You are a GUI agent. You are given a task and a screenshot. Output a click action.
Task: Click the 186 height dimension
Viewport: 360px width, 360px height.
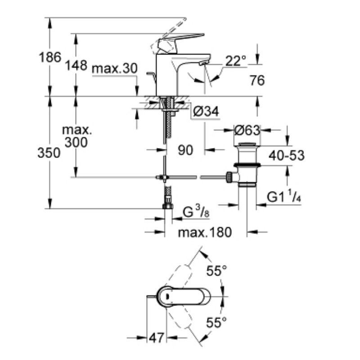[x=50, y=57]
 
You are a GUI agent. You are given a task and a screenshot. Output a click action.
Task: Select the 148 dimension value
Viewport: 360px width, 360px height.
[x=76, y=65]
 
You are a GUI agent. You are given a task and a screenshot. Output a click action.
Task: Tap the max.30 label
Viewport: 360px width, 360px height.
[x=115, y=68]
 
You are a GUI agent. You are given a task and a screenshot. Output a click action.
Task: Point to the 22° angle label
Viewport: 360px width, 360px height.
[x=235, y=61]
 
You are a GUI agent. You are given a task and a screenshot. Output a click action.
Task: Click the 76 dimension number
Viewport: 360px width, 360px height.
[x=257, y=81]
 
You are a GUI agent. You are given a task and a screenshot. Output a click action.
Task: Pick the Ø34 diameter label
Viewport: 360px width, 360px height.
[x=206, y=111]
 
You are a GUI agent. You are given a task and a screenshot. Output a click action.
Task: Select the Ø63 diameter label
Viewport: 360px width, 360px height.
[x=247, y=130]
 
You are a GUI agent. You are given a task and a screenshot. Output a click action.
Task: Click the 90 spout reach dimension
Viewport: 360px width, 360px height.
[x=185, y=150]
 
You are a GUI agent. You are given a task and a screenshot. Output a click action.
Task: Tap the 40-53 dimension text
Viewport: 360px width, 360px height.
[x=287, y=155]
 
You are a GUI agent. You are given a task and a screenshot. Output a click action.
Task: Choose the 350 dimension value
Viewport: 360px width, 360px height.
[x=49, y=153]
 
